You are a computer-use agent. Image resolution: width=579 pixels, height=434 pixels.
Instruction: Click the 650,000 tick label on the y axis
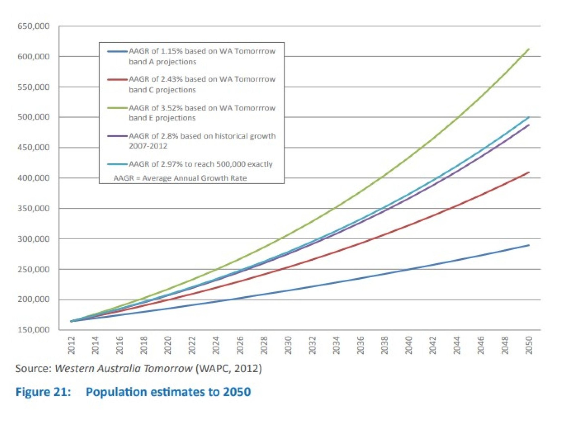[33, 26]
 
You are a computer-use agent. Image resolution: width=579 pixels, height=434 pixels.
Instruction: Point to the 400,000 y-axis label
[33, 178]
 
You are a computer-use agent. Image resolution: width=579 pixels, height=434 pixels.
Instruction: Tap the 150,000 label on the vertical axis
[33, 329]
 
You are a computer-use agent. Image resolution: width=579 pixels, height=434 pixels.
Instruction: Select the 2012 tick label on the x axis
[71, 345]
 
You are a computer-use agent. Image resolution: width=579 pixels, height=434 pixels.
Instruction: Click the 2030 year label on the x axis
[288, 345]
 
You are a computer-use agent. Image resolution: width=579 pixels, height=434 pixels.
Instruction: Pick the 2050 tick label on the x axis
[529, 345]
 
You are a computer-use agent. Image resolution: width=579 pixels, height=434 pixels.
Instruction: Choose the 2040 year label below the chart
[409, 345]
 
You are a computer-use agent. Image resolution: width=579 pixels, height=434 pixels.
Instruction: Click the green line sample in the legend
[117, 108]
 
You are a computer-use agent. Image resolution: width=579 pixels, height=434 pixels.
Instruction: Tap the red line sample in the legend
[117, 80]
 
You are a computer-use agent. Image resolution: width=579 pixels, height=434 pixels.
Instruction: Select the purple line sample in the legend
[117, 136]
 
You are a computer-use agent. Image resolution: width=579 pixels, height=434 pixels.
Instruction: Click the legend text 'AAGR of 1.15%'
[155, 51]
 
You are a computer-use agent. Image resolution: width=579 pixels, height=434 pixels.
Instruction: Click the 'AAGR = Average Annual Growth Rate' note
[180, 178]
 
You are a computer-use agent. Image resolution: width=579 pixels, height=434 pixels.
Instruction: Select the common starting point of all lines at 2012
[71, 321]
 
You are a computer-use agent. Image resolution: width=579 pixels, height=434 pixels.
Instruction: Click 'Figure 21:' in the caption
[43, 392]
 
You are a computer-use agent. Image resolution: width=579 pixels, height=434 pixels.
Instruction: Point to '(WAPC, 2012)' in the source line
[229, 368]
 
